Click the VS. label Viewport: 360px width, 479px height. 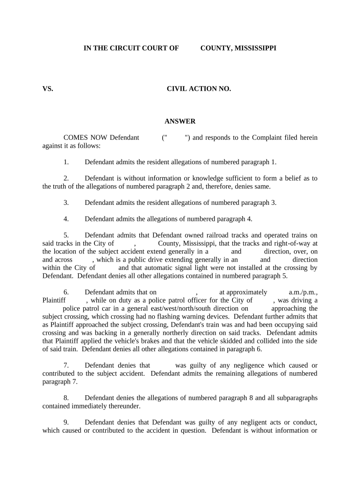[x=48, y=88]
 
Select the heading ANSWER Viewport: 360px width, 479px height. [x=180, y=121]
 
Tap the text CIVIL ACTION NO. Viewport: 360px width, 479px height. [x=199, y=88]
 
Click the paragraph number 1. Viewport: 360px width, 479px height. [x=66, y=162]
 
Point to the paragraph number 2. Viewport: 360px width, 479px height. [x=66, y=178]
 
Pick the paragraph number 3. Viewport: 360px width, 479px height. [x=66, y=203]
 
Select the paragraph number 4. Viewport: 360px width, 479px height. [x=66, y=218]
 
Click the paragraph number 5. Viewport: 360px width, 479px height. [x=66, y=235]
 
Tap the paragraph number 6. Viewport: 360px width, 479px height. [x=66, y=292]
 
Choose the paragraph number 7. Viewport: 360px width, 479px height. [x=66, y=365]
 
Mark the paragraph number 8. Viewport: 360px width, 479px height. [x=66, y=398]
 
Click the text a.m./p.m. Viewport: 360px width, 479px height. [x=303, y=292]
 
